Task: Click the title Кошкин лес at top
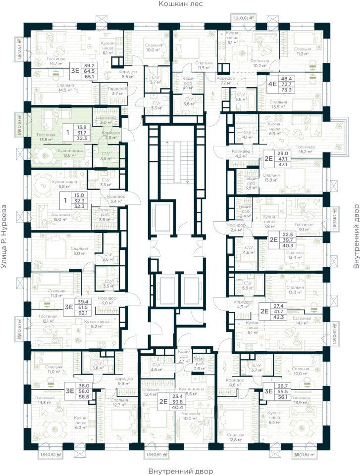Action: (181, 4)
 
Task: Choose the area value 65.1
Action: (90, 77)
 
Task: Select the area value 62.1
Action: (90, 313)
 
